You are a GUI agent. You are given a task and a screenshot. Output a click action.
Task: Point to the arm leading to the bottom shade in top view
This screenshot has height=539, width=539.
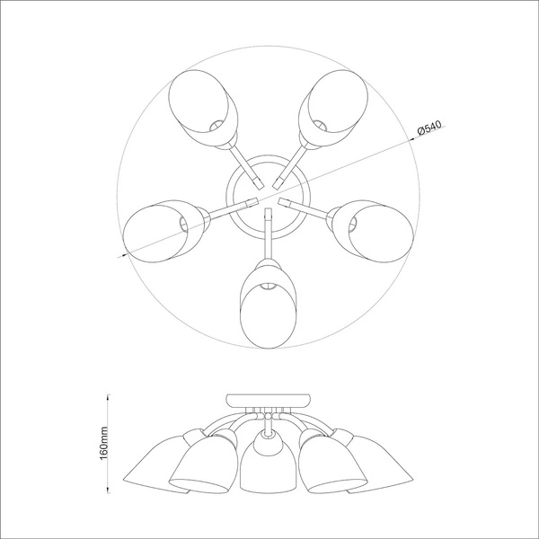tap(267, 235)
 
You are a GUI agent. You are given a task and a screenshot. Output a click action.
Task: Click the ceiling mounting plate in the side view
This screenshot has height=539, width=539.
tap(267, 401)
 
